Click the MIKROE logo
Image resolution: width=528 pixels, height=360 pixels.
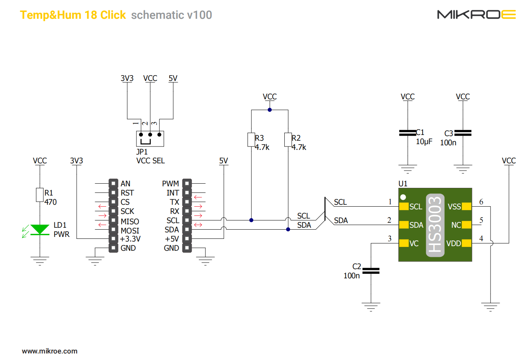point(476,15)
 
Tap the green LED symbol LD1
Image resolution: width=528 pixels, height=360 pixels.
point(40,230)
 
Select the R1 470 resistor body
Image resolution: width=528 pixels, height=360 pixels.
point(40,195)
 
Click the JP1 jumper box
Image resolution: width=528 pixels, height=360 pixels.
point(150,138)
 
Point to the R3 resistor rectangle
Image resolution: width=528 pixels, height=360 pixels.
point(251,140)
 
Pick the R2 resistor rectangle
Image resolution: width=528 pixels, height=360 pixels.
point(288,140)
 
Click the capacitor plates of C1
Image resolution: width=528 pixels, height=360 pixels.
point(408,133)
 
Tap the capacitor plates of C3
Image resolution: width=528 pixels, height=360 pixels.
point(463,133)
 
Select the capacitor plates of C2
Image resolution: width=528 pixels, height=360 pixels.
point(371,271)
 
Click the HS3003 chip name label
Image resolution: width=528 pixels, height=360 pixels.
point(435,225)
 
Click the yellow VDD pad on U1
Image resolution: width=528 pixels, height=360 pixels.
point(466,243)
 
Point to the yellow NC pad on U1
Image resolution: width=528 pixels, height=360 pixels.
point(466,225)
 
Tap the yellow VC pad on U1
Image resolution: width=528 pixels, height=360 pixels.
point(404,243)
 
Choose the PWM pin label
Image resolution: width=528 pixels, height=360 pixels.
point(171,184)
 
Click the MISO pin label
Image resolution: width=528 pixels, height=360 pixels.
point(130,222)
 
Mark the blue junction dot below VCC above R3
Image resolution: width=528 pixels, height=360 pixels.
point(270,110)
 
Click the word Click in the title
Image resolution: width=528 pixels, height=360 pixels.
point(113,15)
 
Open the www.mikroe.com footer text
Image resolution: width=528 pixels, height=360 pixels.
point(50,351)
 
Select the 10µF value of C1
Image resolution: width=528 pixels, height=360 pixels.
point(424,142)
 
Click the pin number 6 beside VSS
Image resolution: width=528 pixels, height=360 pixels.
point(481,202)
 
